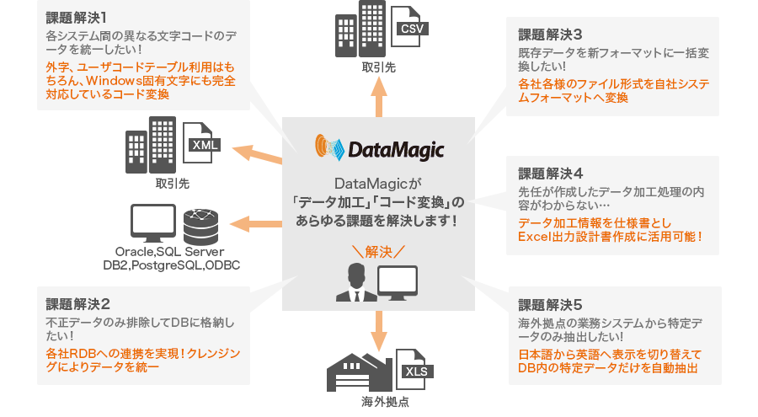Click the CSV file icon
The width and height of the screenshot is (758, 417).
(409, 27)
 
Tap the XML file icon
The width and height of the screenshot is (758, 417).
(201, 142)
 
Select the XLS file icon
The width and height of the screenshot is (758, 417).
(414, 370)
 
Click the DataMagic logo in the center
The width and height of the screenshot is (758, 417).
(379, 148)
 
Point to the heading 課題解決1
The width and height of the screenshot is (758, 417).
(77, 18)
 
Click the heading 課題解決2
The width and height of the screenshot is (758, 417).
(77, 304)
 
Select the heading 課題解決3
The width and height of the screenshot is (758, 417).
(550, 35)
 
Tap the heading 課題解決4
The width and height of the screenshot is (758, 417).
(551, 174)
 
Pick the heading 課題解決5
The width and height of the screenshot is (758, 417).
(550, 305)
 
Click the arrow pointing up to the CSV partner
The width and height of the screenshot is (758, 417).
(379, 97)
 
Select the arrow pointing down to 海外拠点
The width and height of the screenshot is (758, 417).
(379, 331)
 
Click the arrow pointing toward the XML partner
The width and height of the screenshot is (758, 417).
(257, 153)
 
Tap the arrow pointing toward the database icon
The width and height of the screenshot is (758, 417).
(256, 224)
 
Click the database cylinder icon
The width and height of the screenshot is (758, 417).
(200, 227)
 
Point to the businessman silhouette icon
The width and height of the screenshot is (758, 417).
(356, 282)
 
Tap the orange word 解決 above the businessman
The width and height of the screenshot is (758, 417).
(378, 252)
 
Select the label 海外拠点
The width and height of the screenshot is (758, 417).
(385, 402)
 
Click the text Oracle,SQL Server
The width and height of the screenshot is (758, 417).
(169, 252)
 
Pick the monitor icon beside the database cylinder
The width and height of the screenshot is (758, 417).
(153, 223)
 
